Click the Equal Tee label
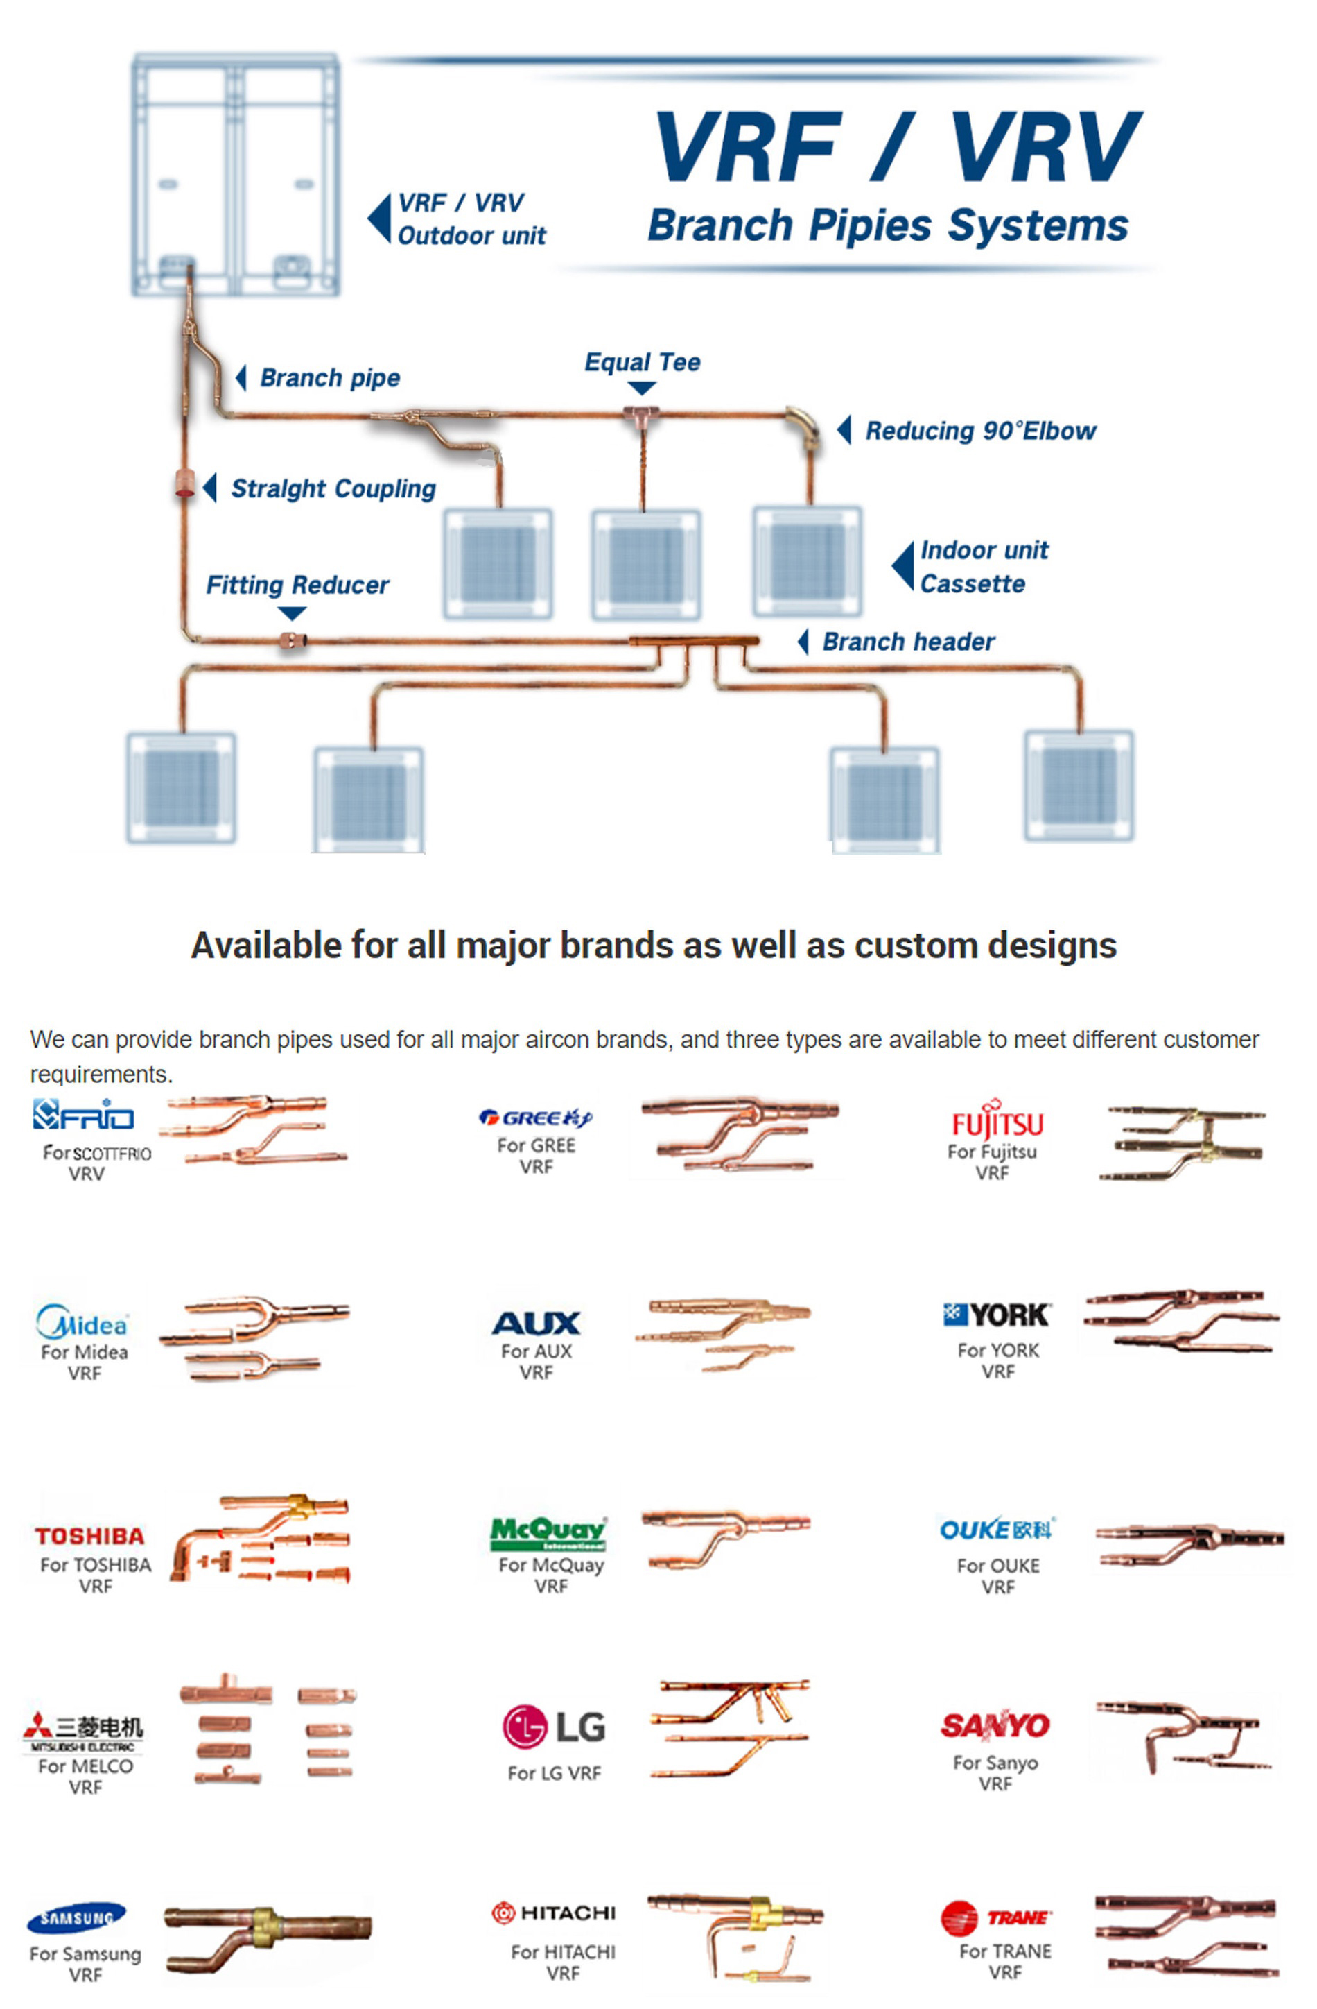641,362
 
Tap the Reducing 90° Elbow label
979,431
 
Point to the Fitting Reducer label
297,585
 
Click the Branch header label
908,642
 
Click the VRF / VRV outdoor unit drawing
236,175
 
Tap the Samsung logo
77,1918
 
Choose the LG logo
553,1726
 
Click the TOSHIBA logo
89,1535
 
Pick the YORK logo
997,1315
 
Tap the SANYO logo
995,1725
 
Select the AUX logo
537,1323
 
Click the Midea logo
82,1322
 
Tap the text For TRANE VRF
1005,1962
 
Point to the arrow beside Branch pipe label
241,377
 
